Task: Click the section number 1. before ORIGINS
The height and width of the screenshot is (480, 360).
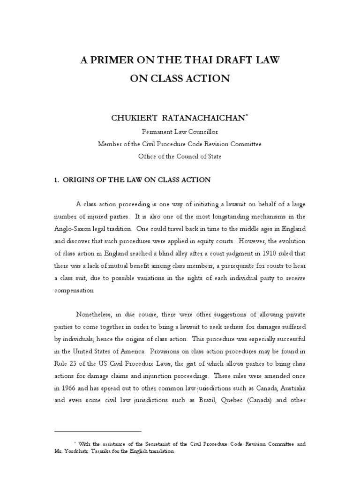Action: [x=57, y=180]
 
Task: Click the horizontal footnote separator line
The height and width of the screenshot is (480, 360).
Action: [x=97, y=430]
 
